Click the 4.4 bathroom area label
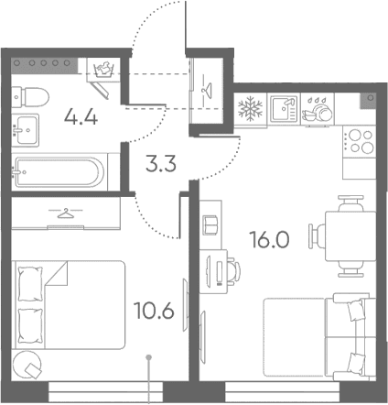pos(81,117)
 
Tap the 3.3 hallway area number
pos(161,164)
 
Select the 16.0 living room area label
pos(269,239)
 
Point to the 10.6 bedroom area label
pos(154,311)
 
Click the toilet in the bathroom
pos(30,96)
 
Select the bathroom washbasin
pos(25,130)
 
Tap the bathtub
pos(59,172)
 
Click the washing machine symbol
pos(102,70)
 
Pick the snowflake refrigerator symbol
pos(251,108)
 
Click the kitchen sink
pos(284,109)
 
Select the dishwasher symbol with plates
pos(318,110)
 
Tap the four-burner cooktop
pos(359,141)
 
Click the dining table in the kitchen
pos(350,236)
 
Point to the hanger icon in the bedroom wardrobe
pos(66,213)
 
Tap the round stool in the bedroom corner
pos(27,365)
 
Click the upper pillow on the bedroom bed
pos(30,284)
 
